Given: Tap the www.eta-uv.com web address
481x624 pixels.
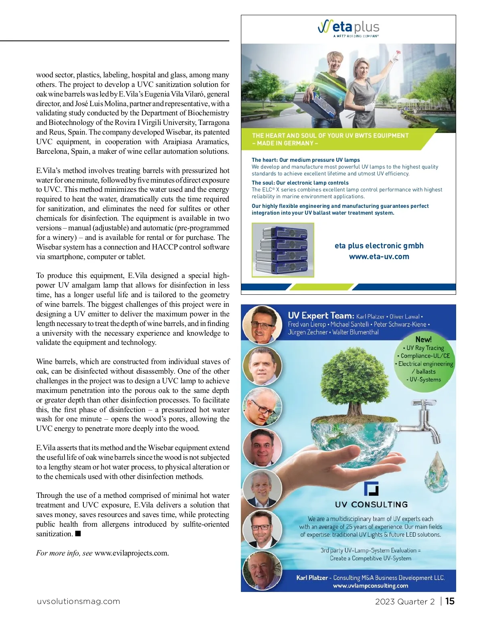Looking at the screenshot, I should pyautogui.click(x=379, y=257).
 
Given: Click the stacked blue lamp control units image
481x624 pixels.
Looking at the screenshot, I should pyautogui.click(x=283, y=250).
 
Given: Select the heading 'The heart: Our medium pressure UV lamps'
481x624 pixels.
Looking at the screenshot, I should pyautogui.click(x=305, y=160).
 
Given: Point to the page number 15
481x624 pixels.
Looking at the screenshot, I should pyautogui.click(x=450, y=601).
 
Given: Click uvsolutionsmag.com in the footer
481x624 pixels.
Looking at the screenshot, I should pyautogui.click(x=79, y=601).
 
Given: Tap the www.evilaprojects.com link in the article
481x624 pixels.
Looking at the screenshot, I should pyautogui.click(x=131, y=553).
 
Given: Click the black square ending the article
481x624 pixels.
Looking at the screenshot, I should pyautogui.click(x=78, y=533).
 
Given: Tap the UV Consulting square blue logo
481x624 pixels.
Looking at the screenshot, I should pyautogui.click(x=371, y=488).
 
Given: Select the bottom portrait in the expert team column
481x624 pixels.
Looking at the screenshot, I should pyautogui.click(x=262, y=570).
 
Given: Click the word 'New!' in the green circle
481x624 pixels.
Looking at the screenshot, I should pyautogui.click(x=423, y=339).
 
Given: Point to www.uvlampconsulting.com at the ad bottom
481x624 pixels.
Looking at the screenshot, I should pyautogui.click(x=370, y=586).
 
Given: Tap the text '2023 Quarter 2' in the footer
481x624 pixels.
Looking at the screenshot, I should pyautogui.click(x=404, y=602).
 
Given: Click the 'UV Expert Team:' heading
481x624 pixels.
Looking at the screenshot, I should pyautogui.click(x=321, y=316).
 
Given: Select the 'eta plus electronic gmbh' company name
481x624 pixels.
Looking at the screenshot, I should pyautogui.click(x=379, y=246).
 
